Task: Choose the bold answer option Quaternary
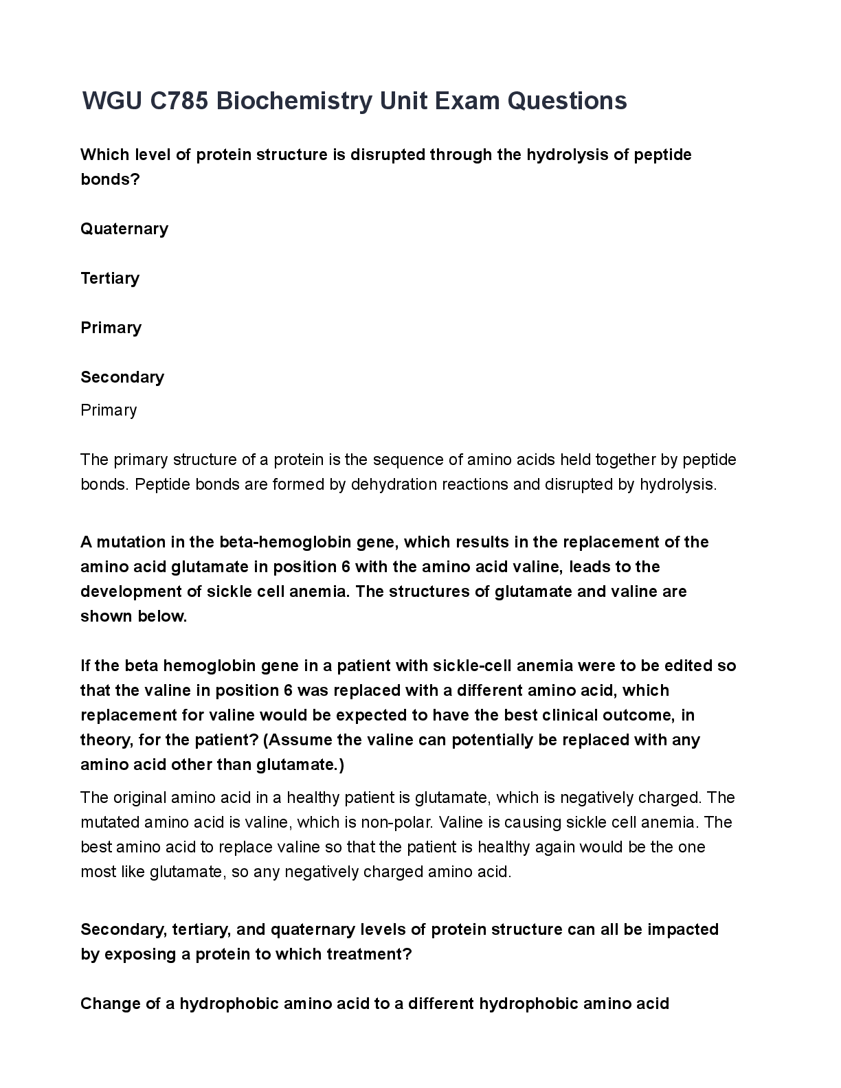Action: pos(124,229)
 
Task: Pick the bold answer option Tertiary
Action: pos(110,278)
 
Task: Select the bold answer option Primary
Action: pos(111,328)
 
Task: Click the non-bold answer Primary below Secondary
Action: pos(109,410)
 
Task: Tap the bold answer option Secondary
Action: pos(122,377)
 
